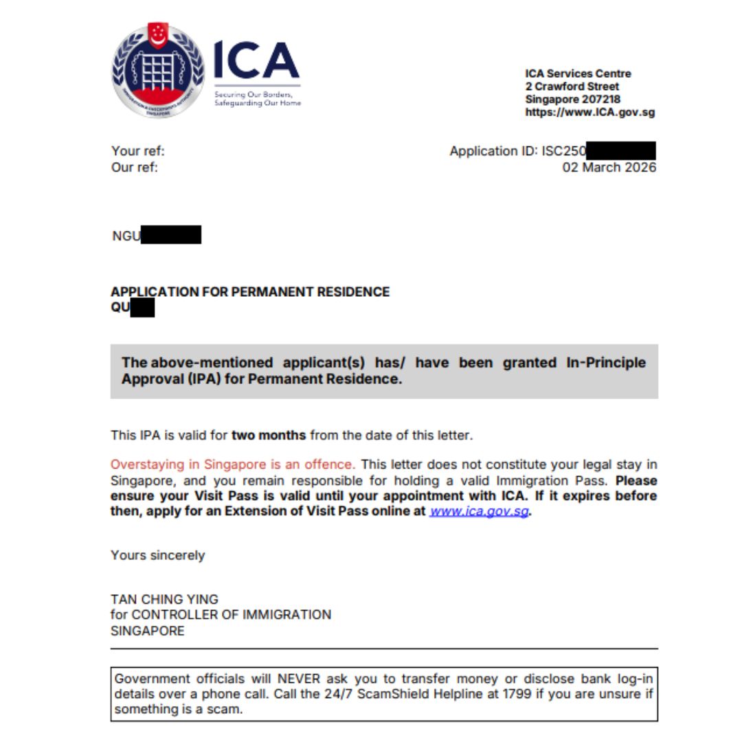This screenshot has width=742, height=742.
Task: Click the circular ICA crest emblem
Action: point(158,71)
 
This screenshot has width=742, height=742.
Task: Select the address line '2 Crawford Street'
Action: point(572,87)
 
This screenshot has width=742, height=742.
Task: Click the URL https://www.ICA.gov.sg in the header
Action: point(589,113)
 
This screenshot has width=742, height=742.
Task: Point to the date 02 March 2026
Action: point(609,168)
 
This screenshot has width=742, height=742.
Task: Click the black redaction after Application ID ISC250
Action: point(621,151)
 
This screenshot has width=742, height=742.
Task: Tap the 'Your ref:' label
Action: point(138,151)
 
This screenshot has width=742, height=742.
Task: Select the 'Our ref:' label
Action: point(135,168)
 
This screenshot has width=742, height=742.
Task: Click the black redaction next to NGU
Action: point(171,236)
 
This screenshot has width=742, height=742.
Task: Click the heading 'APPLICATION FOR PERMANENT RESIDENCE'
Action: point(250,292)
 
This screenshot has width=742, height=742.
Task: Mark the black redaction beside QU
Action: point(142,308)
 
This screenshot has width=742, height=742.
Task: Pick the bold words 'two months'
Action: point(269,435)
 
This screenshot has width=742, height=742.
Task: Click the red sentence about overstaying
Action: point(233,465)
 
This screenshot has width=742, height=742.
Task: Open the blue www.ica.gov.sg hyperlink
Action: point(480,512)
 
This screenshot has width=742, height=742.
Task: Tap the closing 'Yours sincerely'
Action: point(157,555)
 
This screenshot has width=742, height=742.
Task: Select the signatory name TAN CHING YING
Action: point(164,599)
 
